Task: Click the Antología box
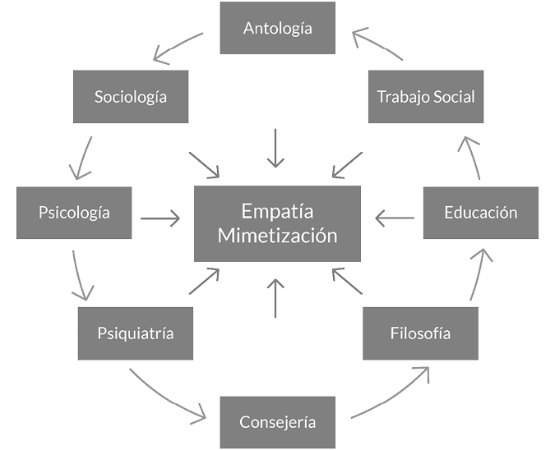pos(277,28)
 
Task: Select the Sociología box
pos(130,97)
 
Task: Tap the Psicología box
pos(73,213)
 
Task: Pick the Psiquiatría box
pos(135,333)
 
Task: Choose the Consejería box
pos(277,422)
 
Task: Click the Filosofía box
pos(420,333)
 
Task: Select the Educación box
pos(480,213)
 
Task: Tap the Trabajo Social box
pos(425,97)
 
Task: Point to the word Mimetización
pos(277,236)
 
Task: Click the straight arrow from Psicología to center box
pos(160,218)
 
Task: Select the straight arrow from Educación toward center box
pos(395,218)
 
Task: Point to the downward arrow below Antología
pos(277,148)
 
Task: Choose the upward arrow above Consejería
pos(277,298)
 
